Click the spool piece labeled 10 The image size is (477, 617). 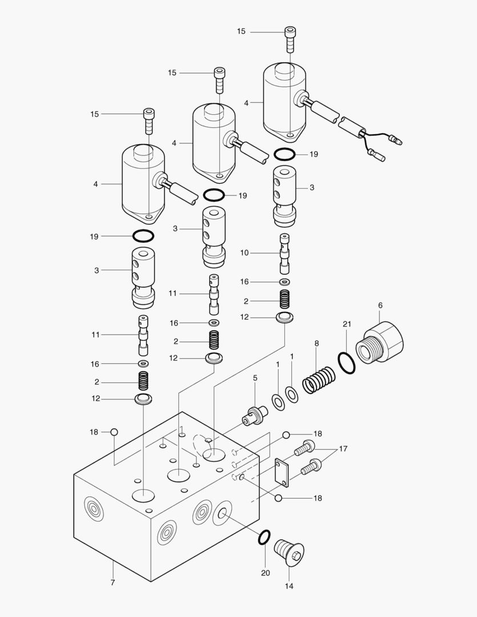[x=284, y=253]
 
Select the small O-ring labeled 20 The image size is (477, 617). [x=264, y=537]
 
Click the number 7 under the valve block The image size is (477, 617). [x=113, y=583]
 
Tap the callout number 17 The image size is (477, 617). [x=343, y=449]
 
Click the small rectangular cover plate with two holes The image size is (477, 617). [x=282, y=472]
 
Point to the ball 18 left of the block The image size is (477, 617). [x=114, y=432]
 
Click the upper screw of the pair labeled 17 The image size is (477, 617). [x=304, y=450]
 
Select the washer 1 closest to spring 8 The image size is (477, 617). [x=292, y=394]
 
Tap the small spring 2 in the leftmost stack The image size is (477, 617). [x=143, y=382]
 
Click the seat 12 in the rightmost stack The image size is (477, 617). [x=284, y=317]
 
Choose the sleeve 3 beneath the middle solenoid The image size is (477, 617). [x=214, y=236]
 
